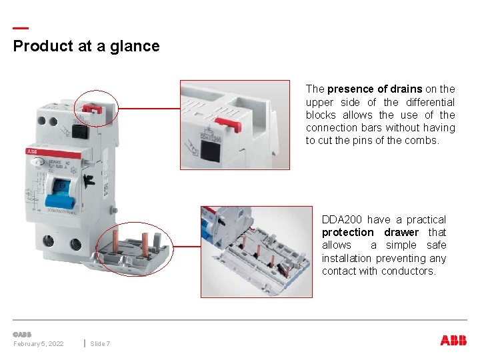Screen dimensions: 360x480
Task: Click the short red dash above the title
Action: point(21,28)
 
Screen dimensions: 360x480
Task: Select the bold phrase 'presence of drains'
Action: point(375,89)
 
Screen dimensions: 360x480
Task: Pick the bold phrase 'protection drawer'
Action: point(370,232)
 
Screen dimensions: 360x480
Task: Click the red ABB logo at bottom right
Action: point(453,340)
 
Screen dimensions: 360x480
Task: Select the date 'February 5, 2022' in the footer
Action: point(39,343)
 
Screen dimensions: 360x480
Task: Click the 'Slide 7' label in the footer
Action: point(100,343)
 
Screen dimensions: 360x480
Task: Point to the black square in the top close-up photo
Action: point(211,151)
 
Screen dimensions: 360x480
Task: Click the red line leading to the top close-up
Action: point(149,108)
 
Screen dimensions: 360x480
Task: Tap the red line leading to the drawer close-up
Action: point(187,246)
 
